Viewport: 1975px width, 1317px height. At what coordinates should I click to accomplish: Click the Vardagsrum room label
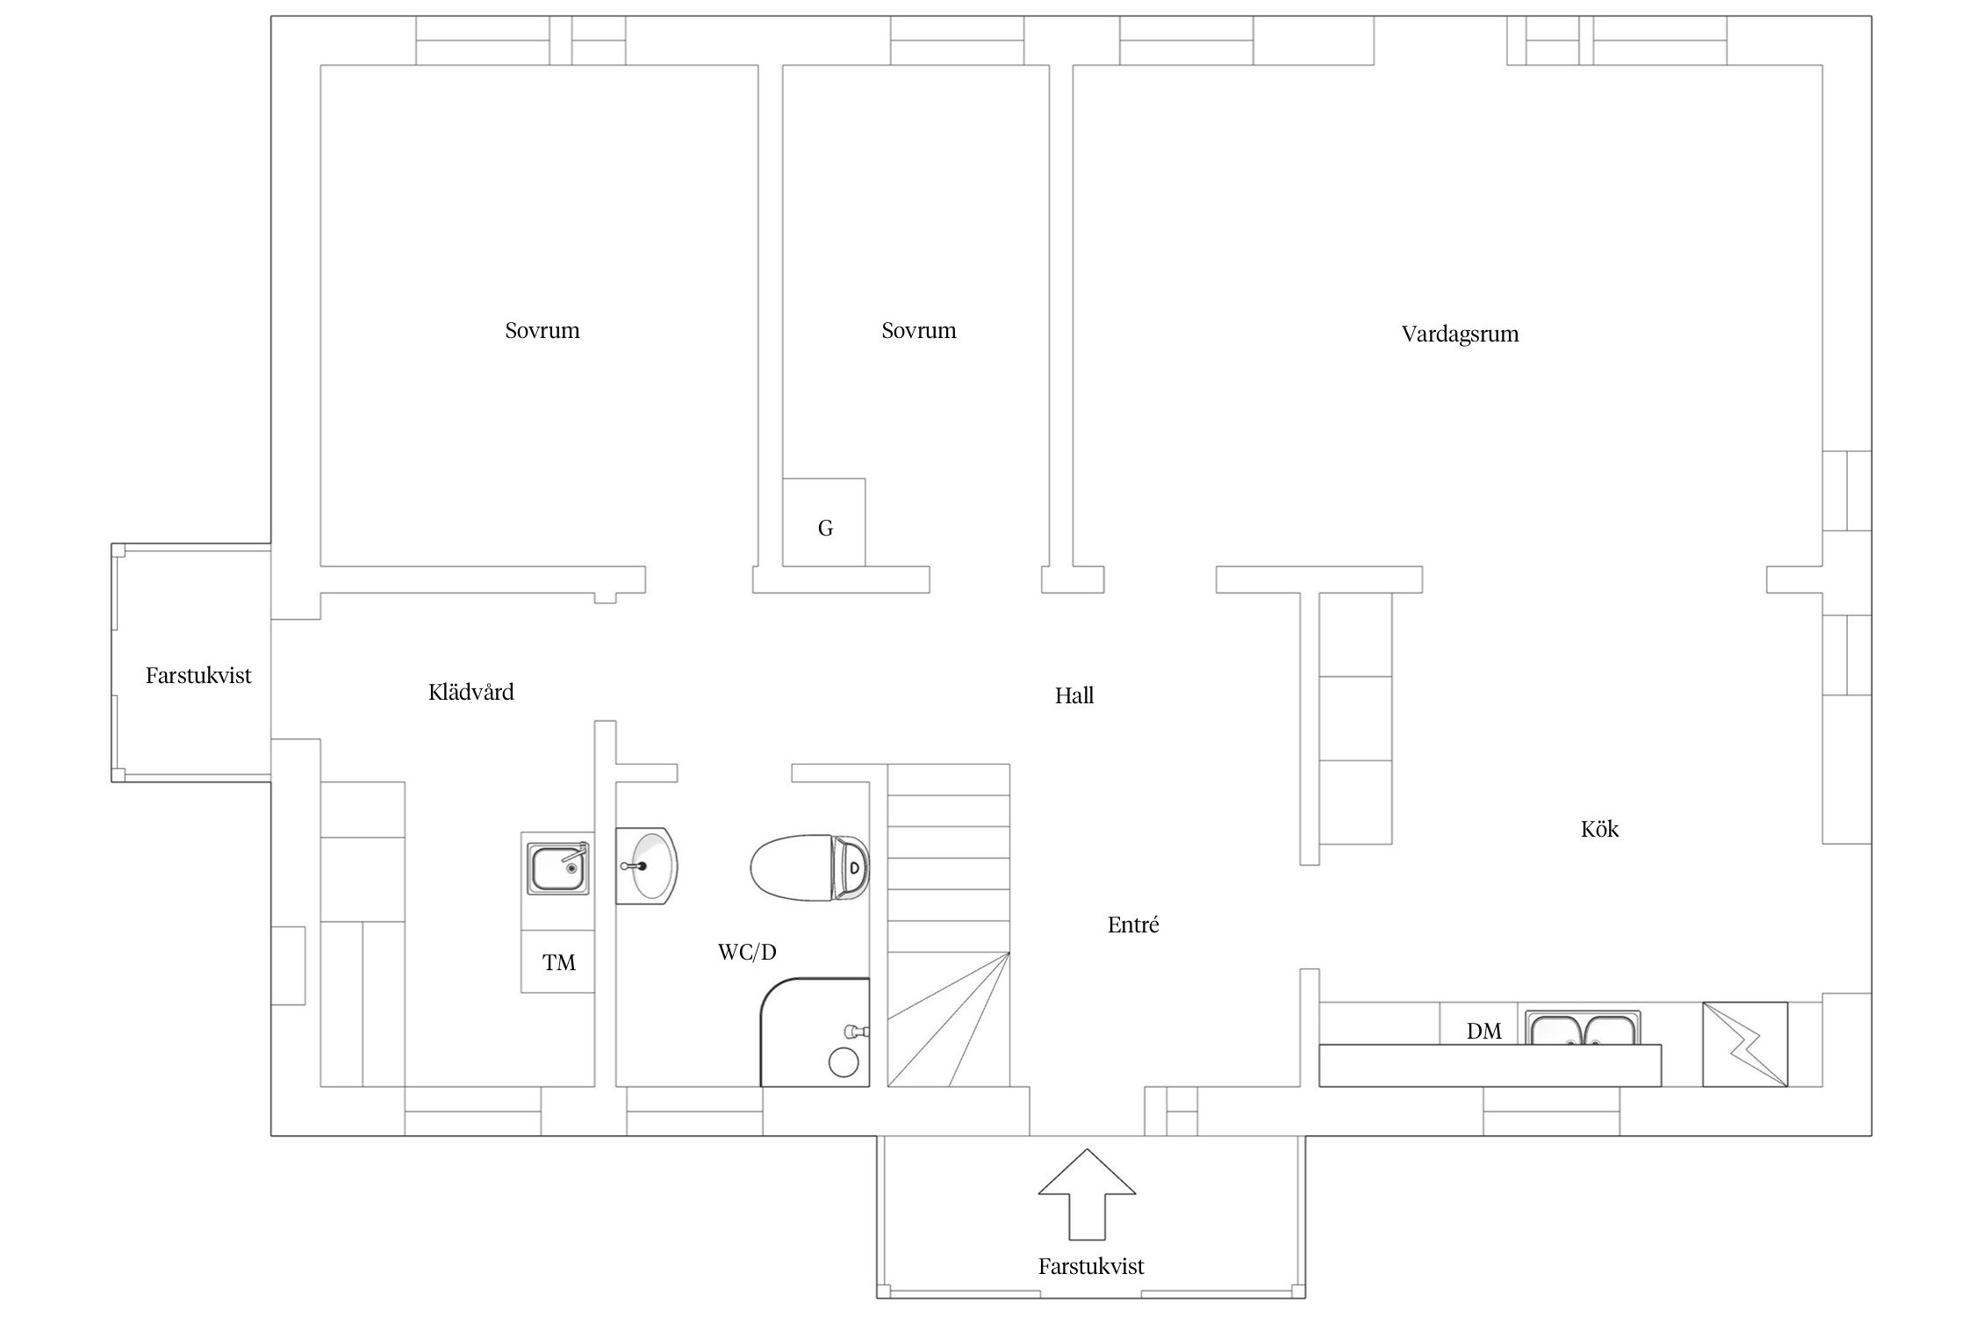point(1460,335)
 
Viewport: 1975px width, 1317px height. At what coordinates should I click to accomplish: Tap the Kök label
point(1599,829)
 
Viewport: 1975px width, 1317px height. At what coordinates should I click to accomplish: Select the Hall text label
point(1074,696)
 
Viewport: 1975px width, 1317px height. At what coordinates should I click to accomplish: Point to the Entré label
point(1133,925)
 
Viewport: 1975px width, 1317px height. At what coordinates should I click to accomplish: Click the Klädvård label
point(471,692)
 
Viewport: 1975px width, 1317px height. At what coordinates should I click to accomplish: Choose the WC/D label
point(747,952)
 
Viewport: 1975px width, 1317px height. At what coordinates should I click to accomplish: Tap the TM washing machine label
point(559,963)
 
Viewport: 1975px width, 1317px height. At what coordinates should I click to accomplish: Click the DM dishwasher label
point(1484,1032)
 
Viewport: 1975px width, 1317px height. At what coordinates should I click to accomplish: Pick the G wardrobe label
point(825,528)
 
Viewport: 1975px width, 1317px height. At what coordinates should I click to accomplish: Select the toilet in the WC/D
point(809,867)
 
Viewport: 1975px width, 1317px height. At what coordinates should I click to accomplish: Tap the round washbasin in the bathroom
point(647,866)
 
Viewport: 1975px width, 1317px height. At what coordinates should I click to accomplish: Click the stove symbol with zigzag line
point(1745,1044)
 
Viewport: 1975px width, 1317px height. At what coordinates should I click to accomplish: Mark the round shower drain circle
point(844,1062)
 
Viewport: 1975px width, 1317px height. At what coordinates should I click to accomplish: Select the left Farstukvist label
point(198,676)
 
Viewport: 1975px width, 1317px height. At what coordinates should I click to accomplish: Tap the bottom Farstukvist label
point(1091,1267)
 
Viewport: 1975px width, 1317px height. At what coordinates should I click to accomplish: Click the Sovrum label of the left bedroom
point(542,331)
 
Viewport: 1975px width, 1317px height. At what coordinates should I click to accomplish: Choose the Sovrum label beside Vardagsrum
point(919,331)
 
